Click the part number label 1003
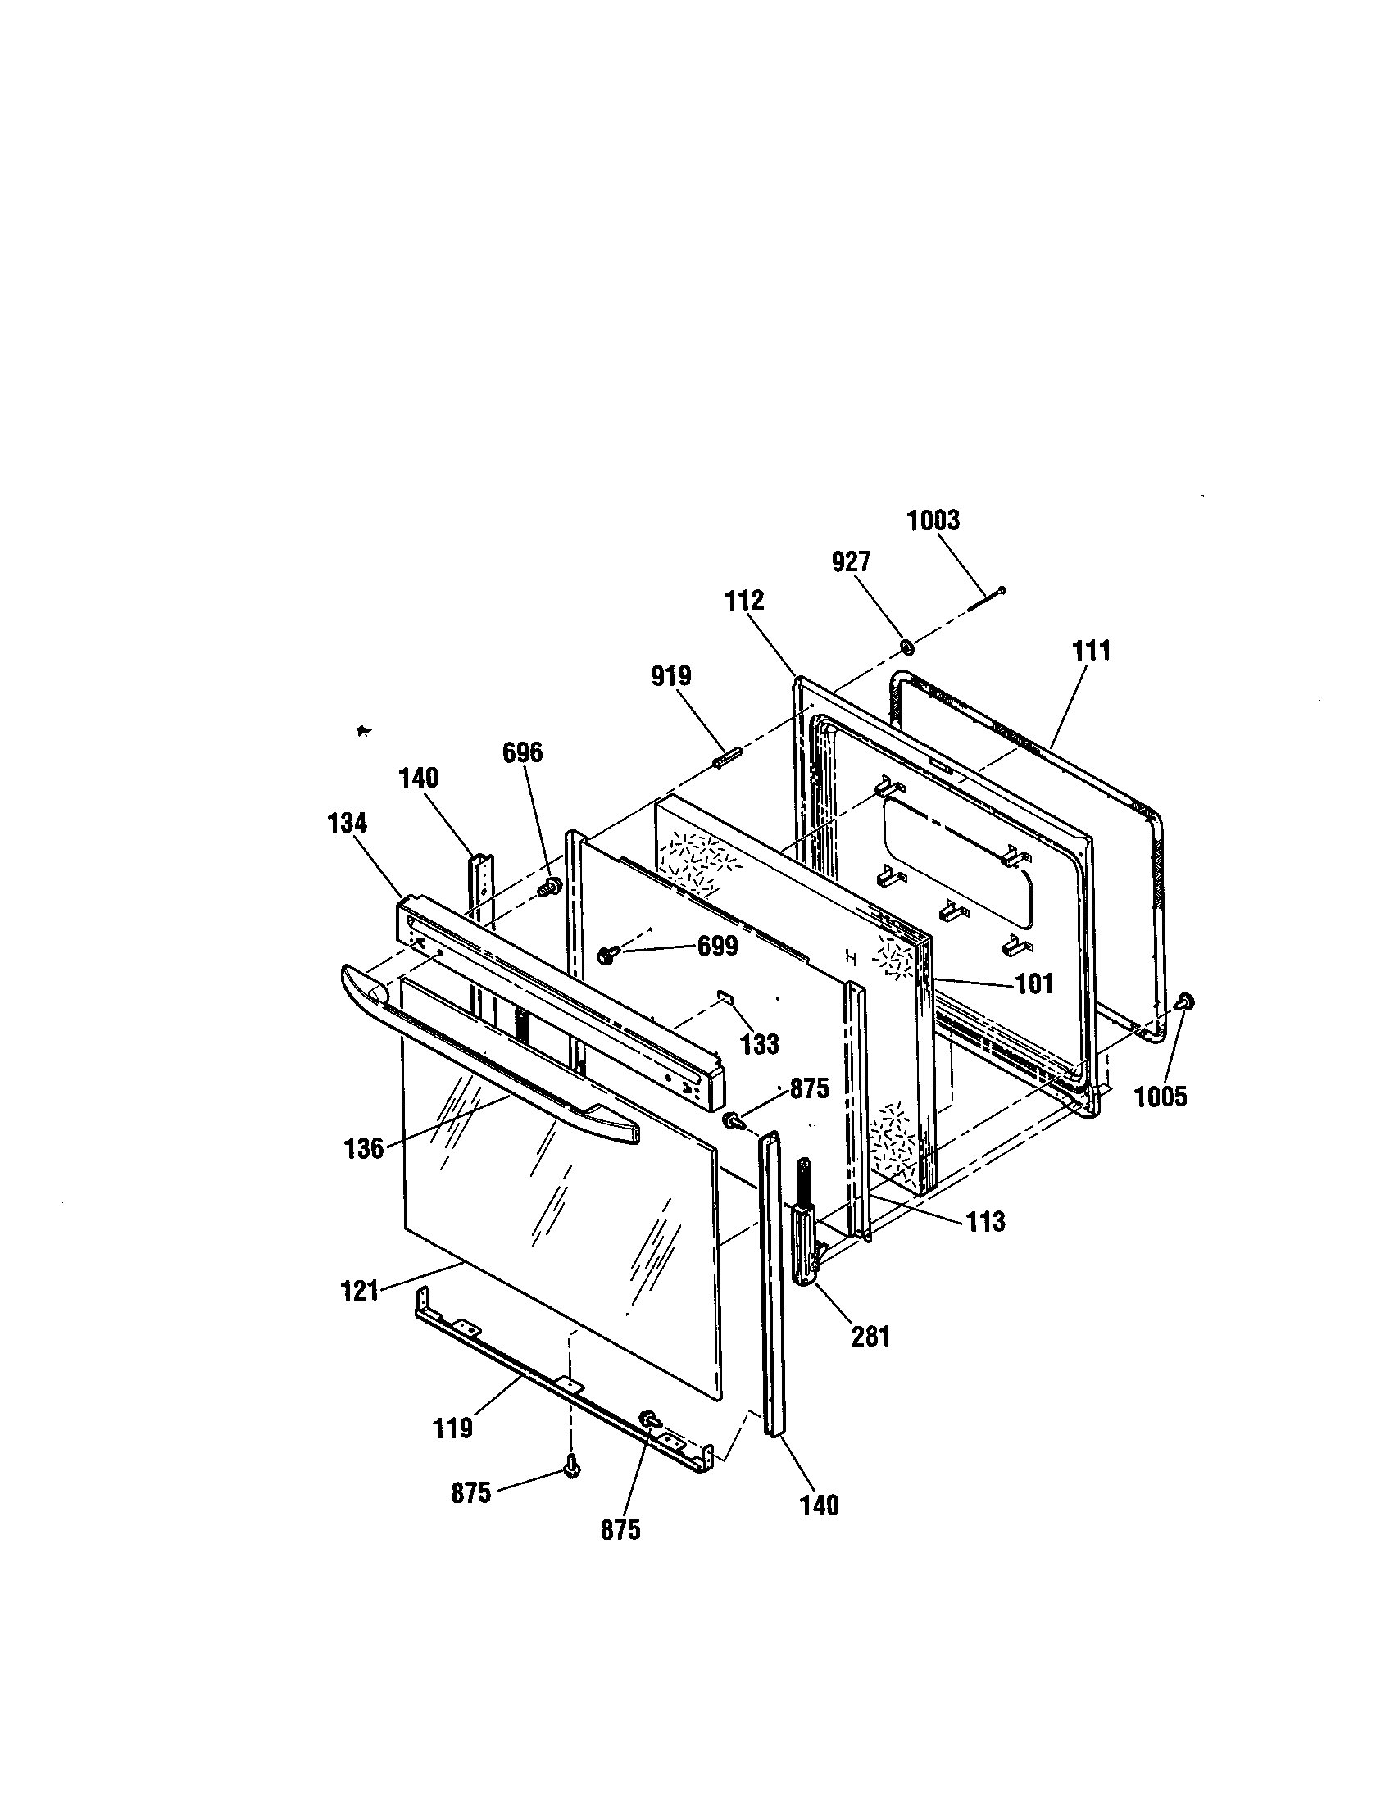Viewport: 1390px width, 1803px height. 933,521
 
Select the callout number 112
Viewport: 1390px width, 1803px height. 745,601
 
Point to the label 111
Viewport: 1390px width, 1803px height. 1091,651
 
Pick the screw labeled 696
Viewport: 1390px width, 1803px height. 547,888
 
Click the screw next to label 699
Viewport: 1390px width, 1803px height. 607,955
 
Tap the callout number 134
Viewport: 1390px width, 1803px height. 347,823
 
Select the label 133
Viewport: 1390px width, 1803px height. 760,1044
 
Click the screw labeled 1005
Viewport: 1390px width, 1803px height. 1185,1002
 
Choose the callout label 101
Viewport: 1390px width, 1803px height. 1034,984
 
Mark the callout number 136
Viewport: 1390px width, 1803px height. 364,1148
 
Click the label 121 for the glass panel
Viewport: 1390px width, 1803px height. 360,1290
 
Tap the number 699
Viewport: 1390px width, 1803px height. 717,947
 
